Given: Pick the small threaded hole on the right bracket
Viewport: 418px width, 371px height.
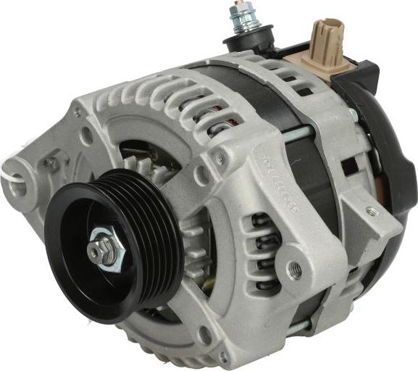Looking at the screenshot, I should pos(372,212).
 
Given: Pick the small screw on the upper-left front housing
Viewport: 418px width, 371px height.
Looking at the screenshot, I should pos(78,113).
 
